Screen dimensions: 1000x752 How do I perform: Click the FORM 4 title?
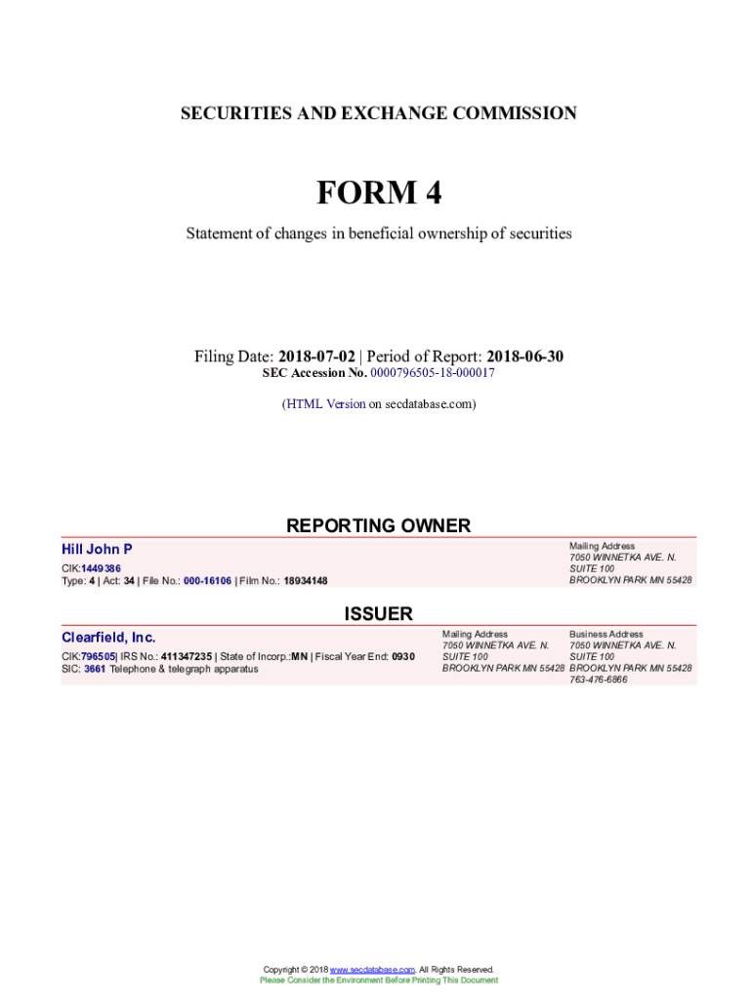tap(378, 193)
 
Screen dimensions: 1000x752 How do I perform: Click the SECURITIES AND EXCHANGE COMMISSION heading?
tap(378, 113)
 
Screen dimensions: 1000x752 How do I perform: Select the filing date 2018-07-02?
tap(316, 356)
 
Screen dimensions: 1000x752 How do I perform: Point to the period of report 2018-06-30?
tap(524, 356)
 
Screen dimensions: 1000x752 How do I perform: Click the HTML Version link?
tap(325, 403)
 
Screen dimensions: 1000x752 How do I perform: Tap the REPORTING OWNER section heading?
tap(378, 525)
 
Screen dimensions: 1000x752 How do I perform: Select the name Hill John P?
tap(97, 550)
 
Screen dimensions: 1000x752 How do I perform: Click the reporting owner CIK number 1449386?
tap(102, 568)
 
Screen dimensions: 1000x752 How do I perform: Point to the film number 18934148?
tap(306, 581)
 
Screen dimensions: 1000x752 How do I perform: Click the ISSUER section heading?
tap(378, 613)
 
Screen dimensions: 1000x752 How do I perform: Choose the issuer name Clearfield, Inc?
tap(108, 638)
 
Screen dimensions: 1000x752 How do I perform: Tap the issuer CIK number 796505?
tap(99, 656)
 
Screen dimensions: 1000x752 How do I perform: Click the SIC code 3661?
tap(96, 669)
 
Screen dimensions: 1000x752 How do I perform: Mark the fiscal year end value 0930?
tap(403, 656)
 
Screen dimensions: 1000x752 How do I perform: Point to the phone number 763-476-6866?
tap(599, 680)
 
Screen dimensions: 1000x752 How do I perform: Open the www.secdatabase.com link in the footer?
tap(373, 970)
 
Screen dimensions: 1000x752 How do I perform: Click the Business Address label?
tap(606, 634)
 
